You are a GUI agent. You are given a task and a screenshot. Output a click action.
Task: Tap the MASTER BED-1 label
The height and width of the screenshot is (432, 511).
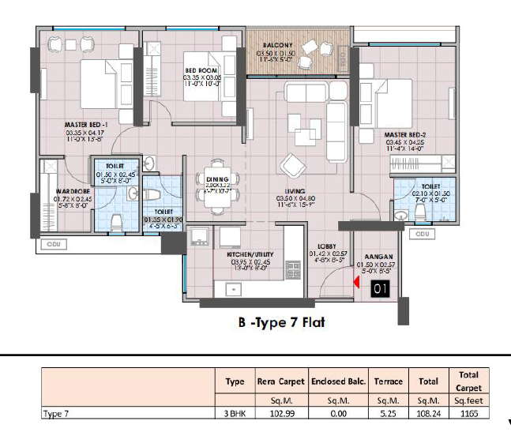86,125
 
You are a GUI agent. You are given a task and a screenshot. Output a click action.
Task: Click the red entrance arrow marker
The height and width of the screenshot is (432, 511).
357,282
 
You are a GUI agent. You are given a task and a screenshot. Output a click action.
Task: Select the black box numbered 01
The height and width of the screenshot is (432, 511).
381,289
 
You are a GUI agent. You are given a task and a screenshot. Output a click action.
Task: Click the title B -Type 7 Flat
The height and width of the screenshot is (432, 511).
281,322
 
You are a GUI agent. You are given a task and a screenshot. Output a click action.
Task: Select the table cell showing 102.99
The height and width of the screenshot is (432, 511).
280,412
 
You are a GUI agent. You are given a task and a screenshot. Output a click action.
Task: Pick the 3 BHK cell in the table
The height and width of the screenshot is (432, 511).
235,412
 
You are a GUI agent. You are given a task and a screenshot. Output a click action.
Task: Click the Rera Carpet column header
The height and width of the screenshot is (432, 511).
280,381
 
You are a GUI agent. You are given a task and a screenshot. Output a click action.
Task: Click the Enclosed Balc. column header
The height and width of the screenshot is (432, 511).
338,381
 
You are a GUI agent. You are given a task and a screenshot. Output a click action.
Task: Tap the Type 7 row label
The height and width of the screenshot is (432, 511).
57,412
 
